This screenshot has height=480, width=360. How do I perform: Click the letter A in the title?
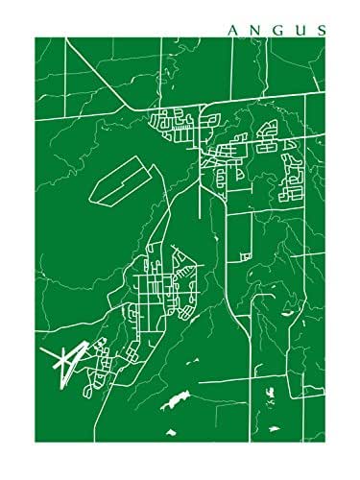click(232, 30)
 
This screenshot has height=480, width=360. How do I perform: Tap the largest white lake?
click(178, 396)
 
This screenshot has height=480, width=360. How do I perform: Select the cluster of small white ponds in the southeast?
click(271, 396)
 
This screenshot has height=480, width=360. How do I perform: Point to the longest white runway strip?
click(59, 365)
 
